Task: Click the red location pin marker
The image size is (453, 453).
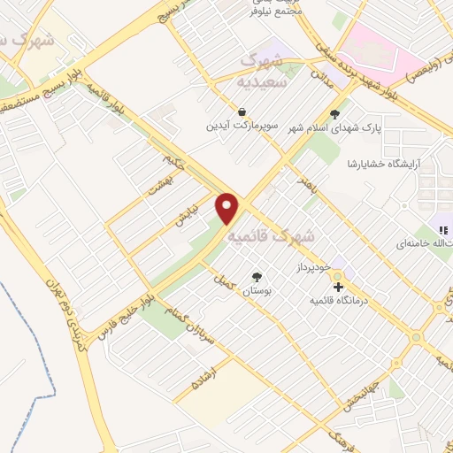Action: tap(229, 208)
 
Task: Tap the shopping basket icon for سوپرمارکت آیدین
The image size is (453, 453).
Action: tap(242, 112)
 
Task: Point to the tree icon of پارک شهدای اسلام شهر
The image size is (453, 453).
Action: tap(334, 113)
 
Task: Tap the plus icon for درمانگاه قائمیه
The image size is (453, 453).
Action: tap(337, 286)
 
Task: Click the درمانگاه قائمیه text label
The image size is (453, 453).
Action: tap(336, 301)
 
